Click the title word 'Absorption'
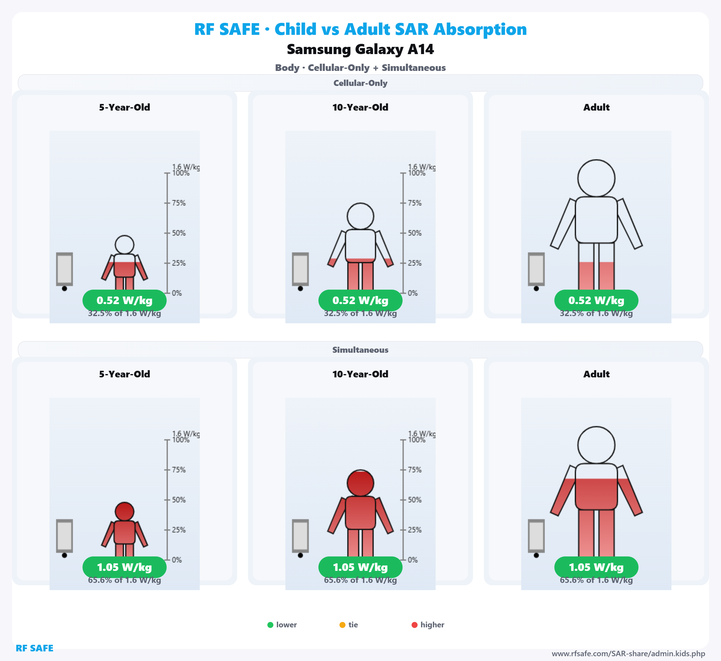coord(480,29)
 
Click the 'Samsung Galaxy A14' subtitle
coord(360,49)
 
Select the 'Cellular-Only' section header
coord(360,83)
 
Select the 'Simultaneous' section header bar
coord(360,350)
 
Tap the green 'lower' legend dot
coord(270,625)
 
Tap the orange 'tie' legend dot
coord(342,625)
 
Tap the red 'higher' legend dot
coord(415,625)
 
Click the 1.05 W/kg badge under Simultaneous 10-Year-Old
coord(360,567)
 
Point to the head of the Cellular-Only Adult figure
coord(596,178)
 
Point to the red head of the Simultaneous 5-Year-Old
coord(124,511)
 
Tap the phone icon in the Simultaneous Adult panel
coord(536,536)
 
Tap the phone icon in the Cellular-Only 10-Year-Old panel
coord(300,269)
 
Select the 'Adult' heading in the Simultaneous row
coord(596,374)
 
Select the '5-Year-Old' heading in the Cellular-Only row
coord(124,107)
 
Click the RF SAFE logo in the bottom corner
coord(34,648)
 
